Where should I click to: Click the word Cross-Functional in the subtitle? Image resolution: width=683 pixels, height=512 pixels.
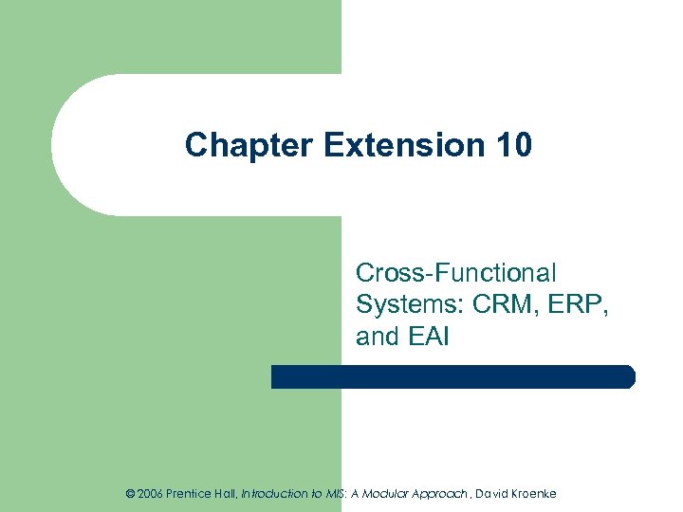[x=456, y=273]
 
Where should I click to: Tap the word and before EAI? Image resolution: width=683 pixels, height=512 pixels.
[x=378, y=336]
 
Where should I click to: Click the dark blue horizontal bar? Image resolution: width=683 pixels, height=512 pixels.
[x=453, y=376]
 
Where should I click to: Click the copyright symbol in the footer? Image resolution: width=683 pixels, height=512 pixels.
[x=131, y=493]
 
